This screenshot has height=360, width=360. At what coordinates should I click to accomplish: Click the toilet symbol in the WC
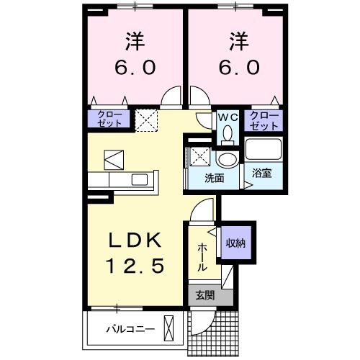click(x=228, y=134)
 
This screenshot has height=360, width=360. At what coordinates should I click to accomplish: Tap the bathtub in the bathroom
click(x=262, y=150)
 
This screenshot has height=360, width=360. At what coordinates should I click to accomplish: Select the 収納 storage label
click(x=235, y=243)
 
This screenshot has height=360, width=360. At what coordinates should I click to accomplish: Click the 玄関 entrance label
click(x=204, y=294)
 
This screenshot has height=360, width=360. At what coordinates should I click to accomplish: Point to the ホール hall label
click(x=202, y=256)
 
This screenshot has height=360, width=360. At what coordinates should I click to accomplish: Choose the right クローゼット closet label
click(x=264, y=120)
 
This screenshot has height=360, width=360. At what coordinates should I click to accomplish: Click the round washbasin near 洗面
click(x=228, y=160)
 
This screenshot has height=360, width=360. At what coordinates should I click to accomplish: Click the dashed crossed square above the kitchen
click(x=147, y=120)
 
